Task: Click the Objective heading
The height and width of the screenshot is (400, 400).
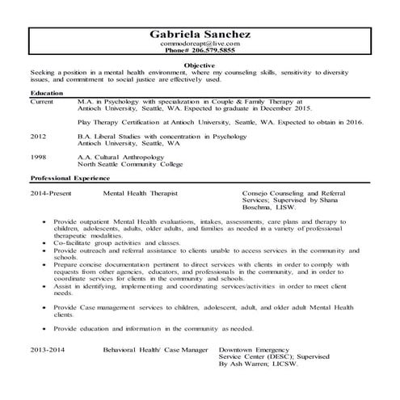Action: (200, 64)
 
